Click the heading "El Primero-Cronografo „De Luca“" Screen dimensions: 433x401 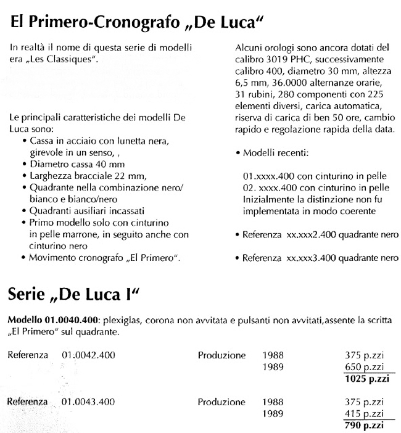(x=137, y=24)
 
